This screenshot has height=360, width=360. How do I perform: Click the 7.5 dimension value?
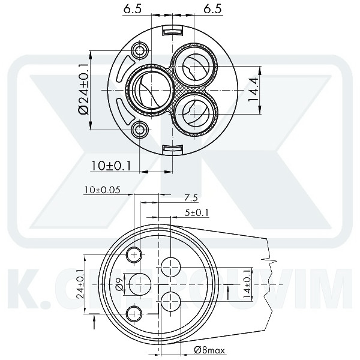191,198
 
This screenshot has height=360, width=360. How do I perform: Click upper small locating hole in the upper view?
141,49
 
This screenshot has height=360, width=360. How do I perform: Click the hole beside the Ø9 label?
141,283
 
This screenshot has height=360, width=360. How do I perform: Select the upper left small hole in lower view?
134,254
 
